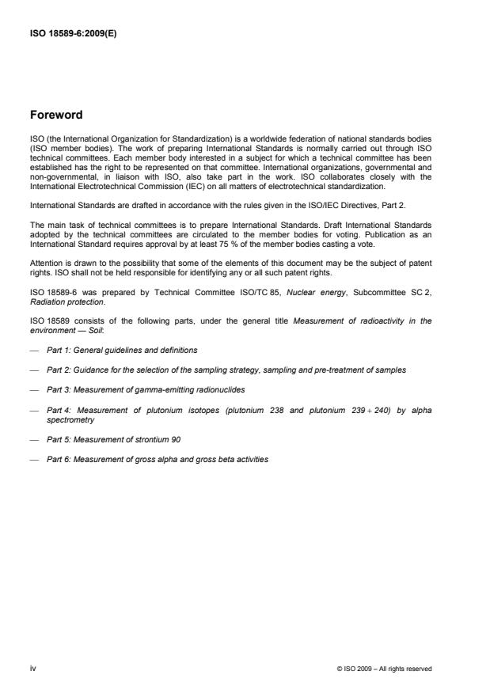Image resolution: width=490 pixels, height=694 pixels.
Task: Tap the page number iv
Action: tap(32, 668)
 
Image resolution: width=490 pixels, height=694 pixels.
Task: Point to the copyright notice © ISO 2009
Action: tap(384, 669)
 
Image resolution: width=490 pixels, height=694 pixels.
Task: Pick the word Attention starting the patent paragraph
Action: tap(43, 262)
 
